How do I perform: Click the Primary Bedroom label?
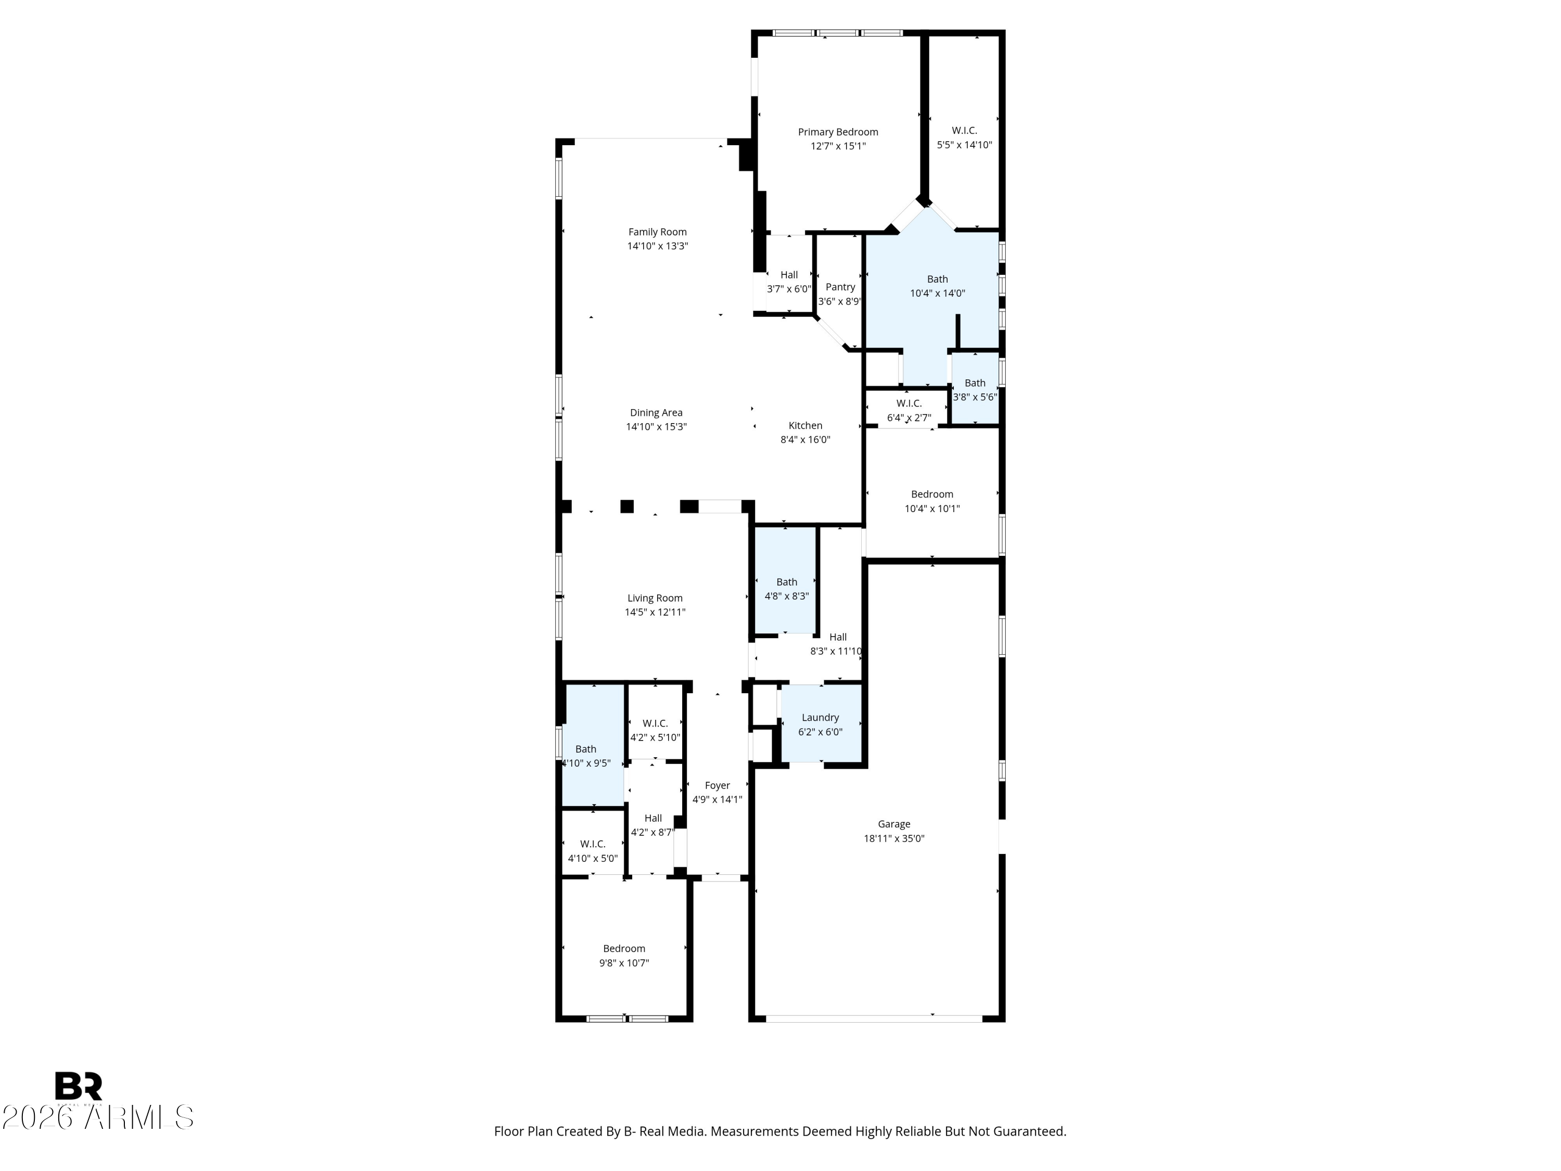click(x=838, y=132)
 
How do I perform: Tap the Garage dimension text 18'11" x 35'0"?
click(x=893, y=838)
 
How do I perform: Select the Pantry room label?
click(x=840, y=287)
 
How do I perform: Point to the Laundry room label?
click(x=820, y=717)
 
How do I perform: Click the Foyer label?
click(x=717, y=785)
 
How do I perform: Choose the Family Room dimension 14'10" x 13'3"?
click(x=657, y=246)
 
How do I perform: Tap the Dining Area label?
click(x=656, y=413)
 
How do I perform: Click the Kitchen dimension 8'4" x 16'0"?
click(x=804, y=440)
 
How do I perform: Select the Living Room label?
click(x=655, y=598)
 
